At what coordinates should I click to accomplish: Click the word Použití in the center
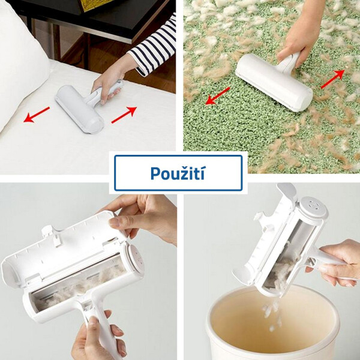[x=178, y=173]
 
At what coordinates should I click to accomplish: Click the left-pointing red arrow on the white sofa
[x=37, y=115]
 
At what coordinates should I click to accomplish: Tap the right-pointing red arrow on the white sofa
[x=124, y=115]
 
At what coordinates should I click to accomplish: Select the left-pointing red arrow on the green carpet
[x=218, y=96]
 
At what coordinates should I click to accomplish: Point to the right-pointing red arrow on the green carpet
[x=332, y=79]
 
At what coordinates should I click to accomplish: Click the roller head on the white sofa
[x=79, y=109]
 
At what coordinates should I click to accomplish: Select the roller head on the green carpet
[x=274, y=82]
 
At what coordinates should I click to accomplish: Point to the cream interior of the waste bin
[x=273, y=322]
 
